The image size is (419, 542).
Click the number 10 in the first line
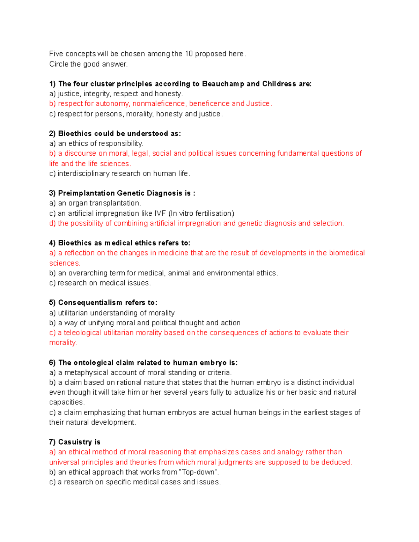(189, 54)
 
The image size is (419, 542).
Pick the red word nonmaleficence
(159, 104)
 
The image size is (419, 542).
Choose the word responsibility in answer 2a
(121, 143)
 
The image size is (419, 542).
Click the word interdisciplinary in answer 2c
(83, 173)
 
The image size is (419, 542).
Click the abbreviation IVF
(160, 213)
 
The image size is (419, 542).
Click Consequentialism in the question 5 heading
(90, 303)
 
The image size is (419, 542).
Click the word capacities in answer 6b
(66, 402)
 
